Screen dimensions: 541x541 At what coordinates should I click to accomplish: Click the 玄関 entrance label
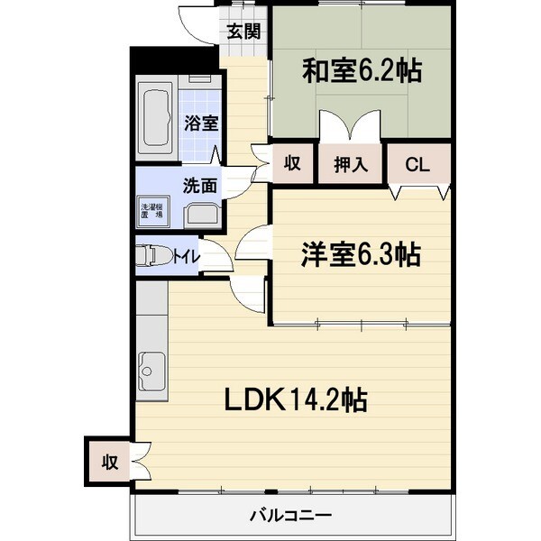243,32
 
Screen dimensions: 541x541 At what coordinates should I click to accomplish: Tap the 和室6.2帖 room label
362,70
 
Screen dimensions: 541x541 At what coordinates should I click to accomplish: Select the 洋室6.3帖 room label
361,254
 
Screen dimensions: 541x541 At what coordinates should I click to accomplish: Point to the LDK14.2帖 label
296,399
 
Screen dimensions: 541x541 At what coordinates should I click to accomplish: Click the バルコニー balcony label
290,516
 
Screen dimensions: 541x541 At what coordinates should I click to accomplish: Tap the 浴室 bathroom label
201,124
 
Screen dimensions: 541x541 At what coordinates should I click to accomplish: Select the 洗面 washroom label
200,186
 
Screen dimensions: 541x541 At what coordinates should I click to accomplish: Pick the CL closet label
417,164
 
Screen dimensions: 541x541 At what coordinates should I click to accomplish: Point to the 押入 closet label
351,164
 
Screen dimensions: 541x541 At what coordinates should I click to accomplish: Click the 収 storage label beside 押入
292,163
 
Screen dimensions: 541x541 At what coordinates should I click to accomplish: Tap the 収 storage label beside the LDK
110,462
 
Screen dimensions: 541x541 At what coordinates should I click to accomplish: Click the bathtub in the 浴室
157,118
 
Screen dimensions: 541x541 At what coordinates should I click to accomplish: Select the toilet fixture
155,256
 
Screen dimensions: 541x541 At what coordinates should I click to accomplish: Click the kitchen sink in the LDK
151,371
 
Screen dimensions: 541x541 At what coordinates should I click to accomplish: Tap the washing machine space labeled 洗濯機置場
153,211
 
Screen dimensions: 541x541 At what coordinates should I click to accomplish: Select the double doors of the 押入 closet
350,126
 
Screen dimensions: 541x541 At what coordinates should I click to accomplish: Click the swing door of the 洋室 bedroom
252,242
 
